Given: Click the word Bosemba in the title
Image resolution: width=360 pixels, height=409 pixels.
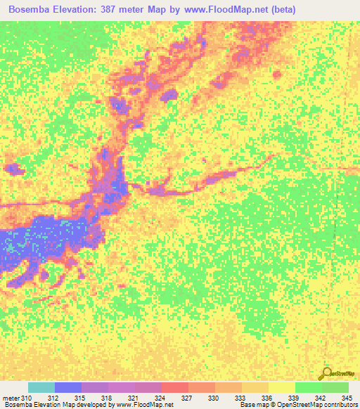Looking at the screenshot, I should [31, 9].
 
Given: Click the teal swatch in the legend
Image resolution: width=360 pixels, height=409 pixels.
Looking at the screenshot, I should [41, 388].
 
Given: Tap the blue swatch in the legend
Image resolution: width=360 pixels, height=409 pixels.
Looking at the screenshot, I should [68, 388].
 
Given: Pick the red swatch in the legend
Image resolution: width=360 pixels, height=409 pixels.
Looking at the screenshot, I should [175, 388].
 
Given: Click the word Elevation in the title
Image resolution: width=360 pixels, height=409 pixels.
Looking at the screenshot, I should [78, 9].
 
